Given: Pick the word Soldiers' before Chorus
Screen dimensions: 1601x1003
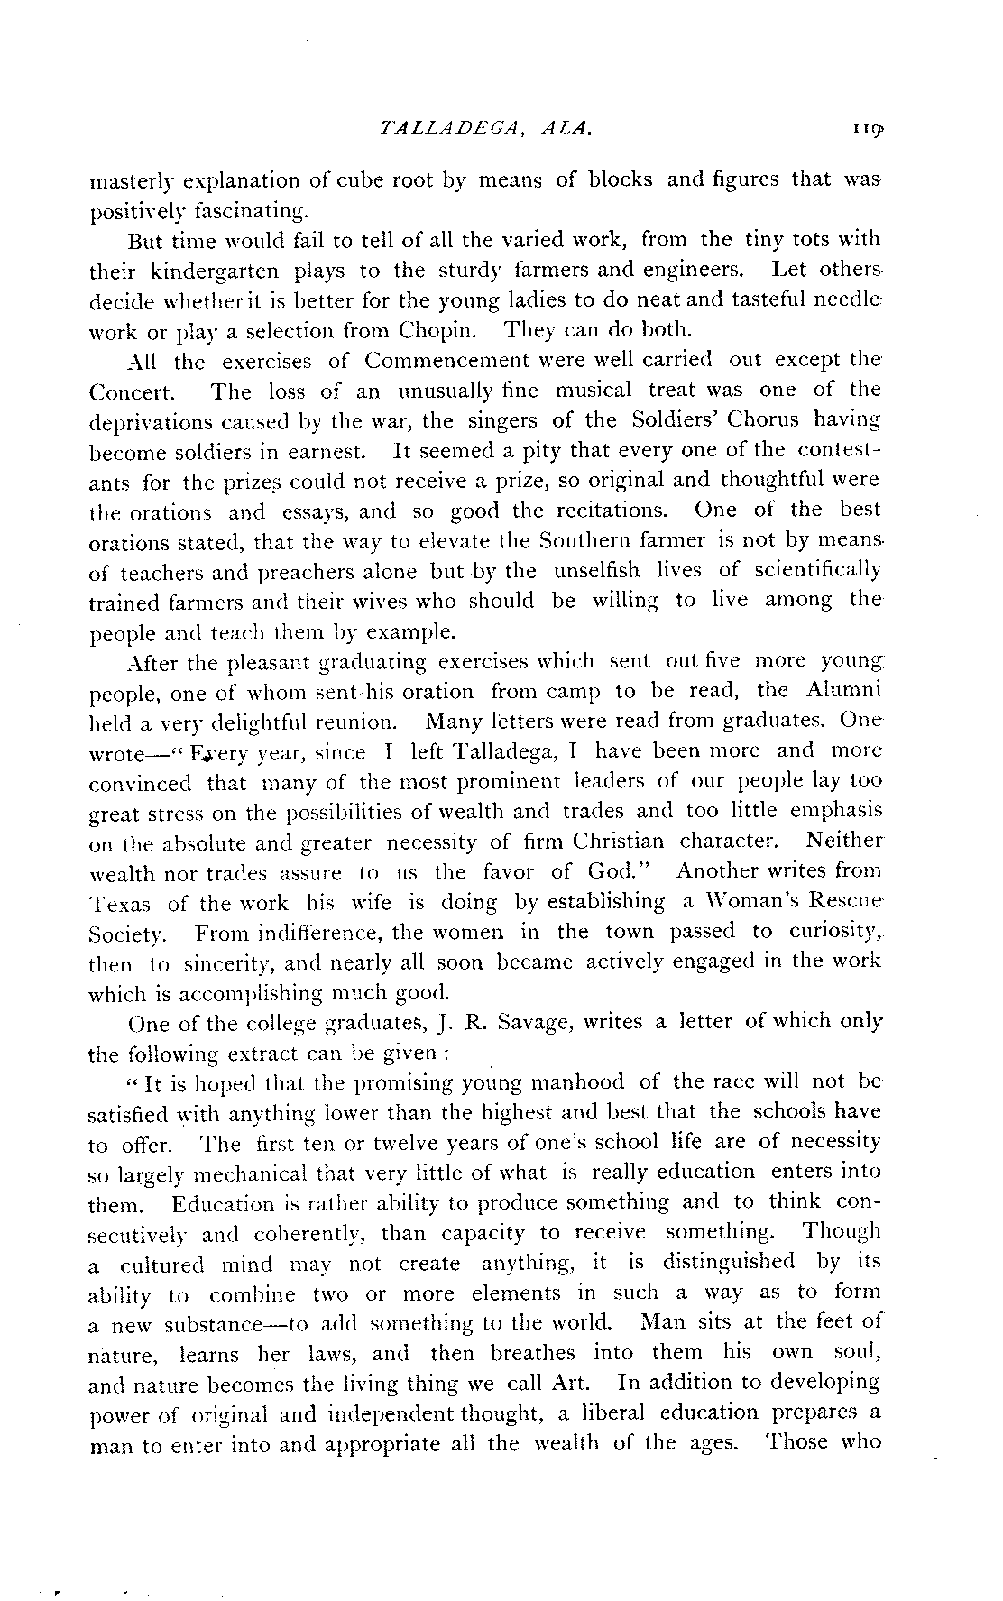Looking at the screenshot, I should (x=657, y=420).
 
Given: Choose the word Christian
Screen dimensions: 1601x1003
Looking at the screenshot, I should (x=618, y=842).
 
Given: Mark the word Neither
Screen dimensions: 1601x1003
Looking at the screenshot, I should (x=845, y=841).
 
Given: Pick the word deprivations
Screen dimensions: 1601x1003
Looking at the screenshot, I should (x=151, y=422).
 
